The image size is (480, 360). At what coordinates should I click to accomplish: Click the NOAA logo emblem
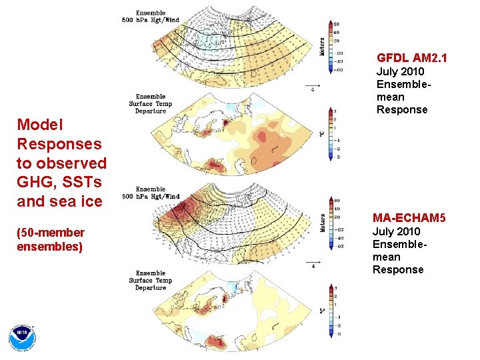23,338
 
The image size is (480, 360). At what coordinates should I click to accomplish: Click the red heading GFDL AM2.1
411,59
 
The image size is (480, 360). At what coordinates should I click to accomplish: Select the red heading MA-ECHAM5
409,219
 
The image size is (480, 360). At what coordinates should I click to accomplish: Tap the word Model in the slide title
40,125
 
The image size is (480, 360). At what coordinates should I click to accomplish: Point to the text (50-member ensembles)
51,239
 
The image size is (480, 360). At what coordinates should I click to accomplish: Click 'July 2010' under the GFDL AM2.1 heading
400,71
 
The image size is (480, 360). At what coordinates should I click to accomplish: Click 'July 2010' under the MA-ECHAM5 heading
396,231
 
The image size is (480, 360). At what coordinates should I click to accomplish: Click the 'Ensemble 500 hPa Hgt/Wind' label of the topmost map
156,16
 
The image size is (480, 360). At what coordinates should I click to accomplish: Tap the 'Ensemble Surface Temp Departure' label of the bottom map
151,281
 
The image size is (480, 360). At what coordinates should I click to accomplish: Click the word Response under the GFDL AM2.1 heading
402,109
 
